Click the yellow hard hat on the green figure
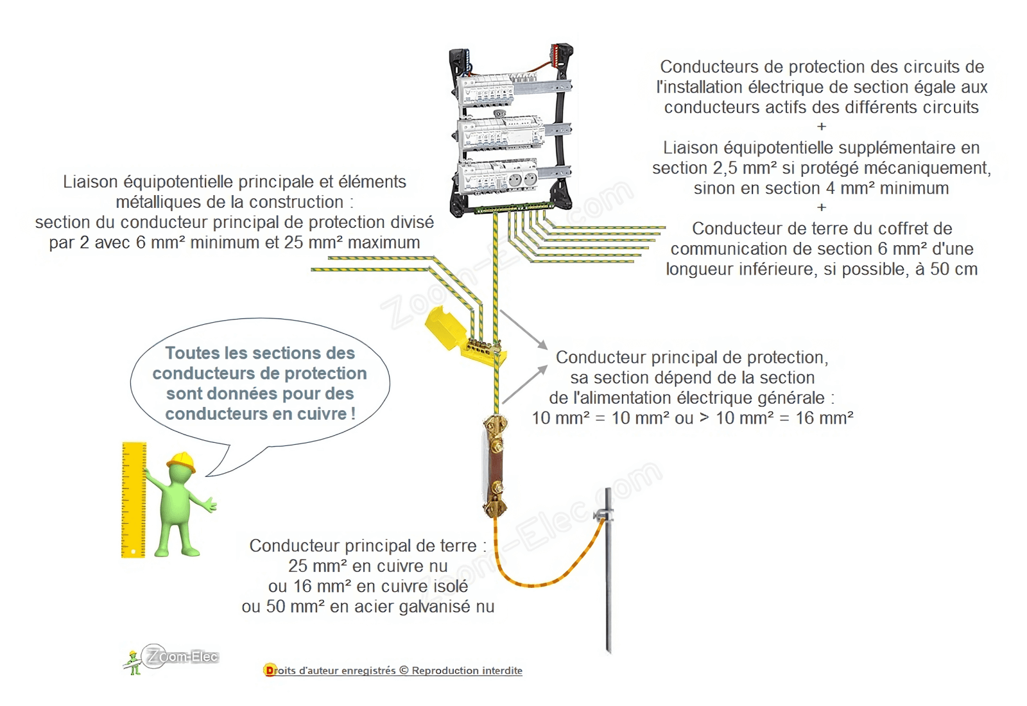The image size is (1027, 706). [x=182, y=461]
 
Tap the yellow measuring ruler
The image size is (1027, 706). [x=134, y=500]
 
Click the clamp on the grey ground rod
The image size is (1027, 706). [x=603, y=515]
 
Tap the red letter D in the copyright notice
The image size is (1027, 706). [x=269, y=670]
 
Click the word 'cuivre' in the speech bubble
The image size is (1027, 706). [x=322, y=413]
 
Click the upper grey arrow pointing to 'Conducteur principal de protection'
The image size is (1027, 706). [x=524, y=330]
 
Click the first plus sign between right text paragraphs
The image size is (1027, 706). [x=821, y=126]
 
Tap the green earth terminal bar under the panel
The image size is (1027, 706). [x=514, y=209]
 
